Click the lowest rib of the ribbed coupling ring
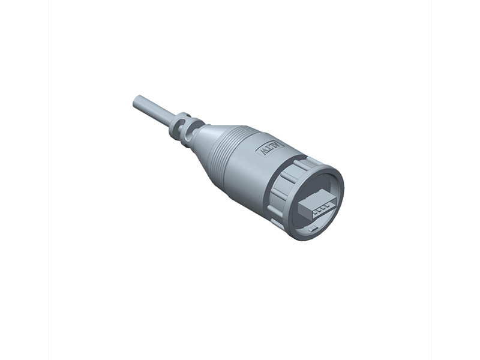(277, 224)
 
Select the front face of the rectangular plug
(312, 211)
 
